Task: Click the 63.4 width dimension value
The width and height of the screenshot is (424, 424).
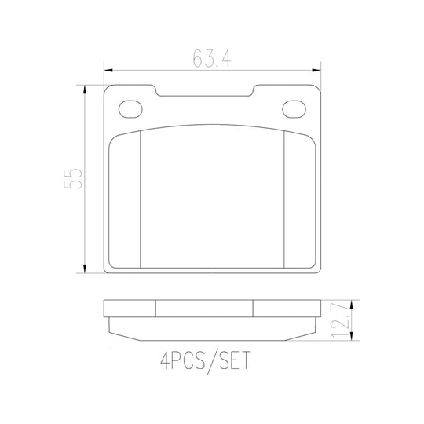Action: pos(212,59)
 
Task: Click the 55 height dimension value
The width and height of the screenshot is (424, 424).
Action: pos(73,179)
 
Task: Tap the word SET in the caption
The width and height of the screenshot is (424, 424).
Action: pos(235,360)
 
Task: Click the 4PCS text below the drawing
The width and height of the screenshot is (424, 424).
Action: pos(183,360)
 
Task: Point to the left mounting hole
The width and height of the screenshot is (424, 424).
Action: pos(130,109)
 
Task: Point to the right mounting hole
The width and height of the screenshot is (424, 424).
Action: pos(294,109)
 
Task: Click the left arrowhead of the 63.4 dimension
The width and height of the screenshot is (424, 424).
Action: pos(108,71)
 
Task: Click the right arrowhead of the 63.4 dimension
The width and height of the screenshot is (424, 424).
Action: pos(316,71)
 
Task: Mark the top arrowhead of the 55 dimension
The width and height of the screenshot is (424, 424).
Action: pos(85,90)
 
